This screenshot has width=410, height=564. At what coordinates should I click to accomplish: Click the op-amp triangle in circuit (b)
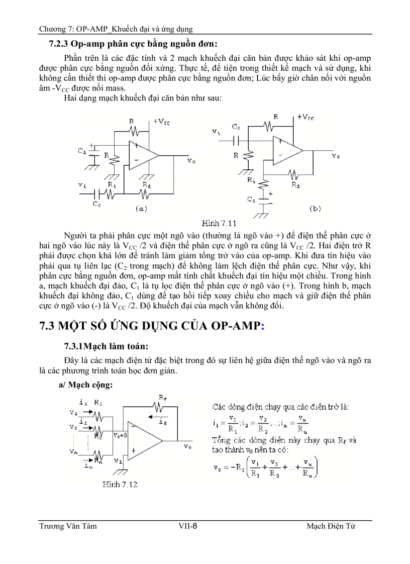(x=286, y=150)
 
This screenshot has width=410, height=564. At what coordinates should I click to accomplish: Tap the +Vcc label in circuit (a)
(x=161, y=122)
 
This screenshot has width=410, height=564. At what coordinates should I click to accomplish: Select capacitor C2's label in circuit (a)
(x=96, y=204)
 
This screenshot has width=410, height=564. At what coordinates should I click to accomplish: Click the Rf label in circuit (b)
(x=295, y=185)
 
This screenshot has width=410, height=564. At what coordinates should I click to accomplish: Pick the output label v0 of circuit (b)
(x=335, y=156)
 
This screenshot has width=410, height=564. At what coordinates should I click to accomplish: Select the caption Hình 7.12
(x=120, y=485)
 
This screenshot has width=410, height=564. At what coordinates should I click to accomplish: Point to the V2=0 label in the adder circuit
(x=121, y=435)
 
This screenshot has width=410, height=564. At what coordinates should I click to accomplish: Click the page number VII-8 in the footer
(x=187, y=526)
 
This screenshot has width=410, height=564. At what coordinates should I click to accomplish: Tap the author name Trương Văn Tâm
(x=68, y=526)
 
